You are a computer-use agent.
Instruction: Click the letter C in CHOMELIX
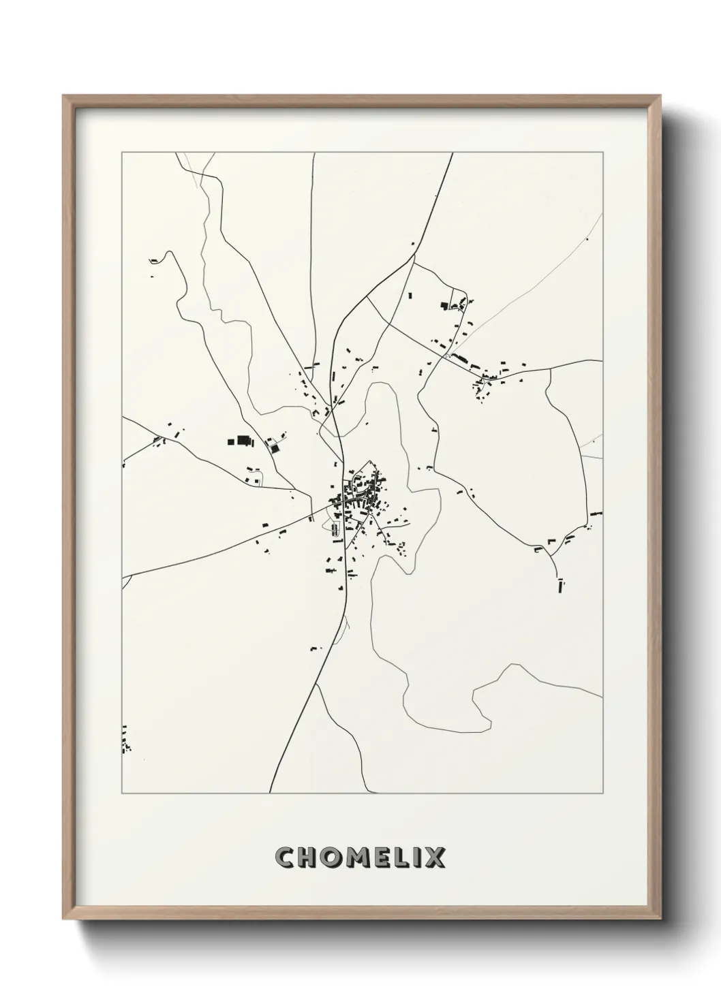pos(285,857)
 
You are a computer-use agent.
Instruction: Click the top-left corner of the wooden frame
pos(63,96)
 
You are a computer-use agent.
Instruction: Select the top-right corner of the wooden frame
pos(660,96)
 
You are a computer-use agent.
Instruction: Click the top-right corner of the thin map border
pos(603,153)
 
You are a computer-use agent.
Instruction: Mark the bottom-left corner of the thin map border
pos(122,793)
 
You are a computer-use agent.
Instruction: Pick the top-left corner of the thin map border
pos(122,153)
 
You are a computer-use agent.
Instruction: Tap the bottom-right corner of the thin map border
pos(603,793)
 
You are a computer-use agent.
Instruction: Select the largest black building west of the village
pos(240,441)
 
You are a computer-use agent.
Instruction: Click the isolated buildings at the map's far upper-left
pos(154,261)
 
